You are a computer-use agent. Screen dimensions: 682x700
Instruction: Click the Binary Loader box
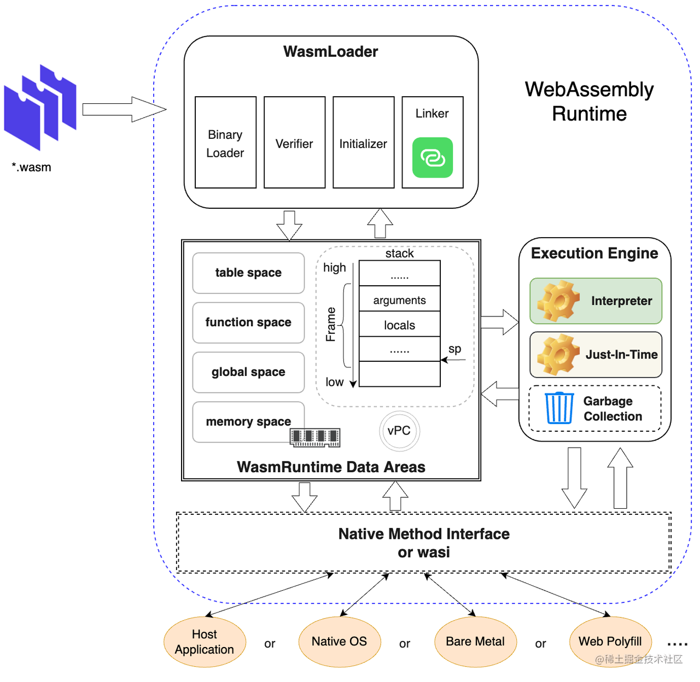225,143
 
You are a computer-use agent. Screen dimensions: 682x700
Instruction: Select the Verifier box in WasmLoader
294,143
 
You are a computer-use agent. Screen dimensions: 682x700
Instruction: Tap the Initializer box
363,143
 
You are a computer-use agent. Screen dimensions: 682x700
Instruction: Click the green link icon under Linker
433,158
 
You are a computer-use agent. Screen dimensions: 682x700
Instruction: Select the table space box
248,273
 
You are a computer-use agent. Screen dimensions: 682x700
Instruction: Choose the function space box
248,322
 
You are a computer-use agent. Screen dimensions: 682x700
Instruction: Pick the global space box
248,372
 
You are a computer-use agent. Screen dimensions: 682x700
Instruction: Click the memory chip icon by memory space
315,437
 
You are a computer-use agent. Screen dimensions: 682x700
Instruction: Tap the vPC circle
399,431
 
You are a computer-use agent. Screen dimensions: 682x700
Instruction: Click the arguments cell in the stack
399,299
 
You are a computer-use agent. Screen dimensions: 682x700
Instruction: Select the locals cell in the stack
399,325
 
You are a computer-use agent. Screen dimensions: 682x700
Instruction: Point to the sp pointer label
454,349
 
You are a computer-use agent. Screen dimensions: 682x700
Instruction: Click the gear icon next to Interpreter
558,301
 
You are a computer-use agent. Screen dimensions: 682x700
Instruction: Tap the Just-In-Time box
596,355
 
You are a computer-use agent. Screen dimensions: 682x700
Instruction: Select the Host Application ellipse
205,642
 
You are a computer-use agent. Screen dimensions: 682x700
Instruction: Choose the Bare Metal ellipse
475,642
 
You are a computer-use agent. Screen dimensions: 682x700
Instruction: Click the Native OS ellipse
339,642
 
